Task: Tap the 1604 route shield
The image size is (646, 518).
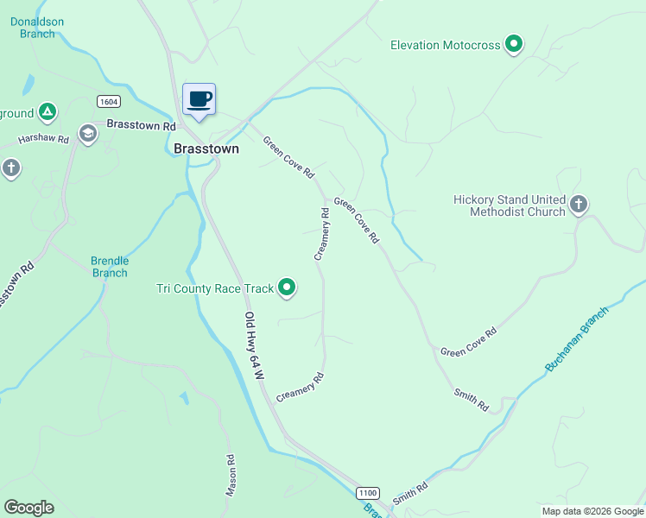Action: [108, 100]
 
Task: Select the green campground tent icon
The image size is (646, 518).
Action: [48, 111]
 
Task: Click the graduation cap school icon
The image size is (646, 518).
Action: [87, 133]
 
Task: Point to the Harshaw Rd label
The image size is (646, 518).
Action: [43, 138]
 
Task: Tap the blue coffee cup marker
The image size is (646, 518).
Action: [199, 98]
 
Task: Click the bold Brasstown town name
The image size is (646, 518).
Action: [206, 148]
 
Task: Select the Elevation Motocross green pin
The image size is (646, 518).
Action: [514, 43]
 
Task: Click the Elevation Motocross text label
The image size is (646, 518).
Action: [445, 45]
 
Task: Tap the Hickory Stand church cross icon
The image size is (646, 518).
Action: [579, 205]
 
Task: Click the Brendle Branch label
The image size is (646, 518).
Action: [110, 267]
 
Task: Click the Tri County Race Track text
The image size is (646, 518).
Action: [215, 288]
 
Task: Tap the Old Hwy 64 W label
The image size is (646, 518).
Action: [252, 346]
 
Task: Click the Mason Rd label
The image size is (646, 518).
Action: [231, 476]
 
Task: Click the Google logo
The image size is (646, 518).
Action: [28, 508]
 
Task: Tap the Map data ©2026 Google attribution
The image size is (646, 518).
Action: [592, 511]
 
